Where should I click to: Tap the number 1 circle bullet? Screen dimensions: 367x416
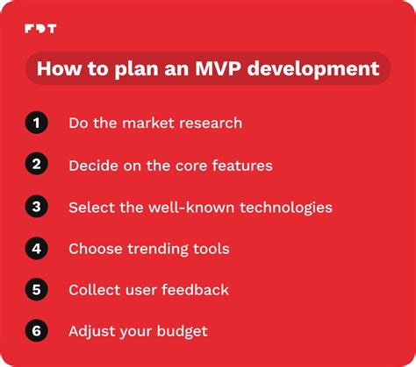(x=36, y=124)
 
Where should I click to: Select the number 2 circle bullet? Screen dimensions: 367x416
(x=36, y=165)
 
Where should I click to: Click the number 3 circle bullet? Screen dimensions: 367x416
(x=36, y=207)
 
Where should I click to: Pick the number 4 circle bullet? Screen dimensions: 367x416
(x=36, y=249)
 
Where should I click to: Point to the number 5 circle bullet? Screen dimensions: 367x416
(x=36, y=290)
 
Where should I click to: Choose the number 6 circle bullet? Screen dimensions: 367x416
(x=36, y=332)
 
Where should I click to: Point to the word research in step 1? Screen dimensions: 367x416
(x=211, y=124)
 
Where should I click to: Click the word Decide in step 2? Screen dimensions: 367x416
(x=94, y=166)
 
